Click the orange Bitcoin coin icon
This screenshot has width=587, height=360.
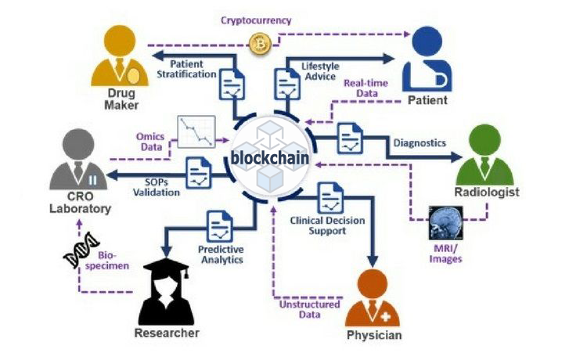258,45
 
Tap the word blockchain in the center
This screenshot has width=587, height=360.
270,159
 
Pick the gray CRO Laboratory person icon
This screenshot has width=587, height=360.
78,161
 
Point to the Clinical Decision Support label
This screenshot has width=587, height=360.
327,226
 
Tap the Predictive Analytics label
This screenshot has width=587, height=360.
220,254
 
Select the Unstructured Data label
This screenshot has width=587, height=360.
309,310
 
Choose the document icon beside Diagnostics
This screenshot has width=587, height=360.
348,139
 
